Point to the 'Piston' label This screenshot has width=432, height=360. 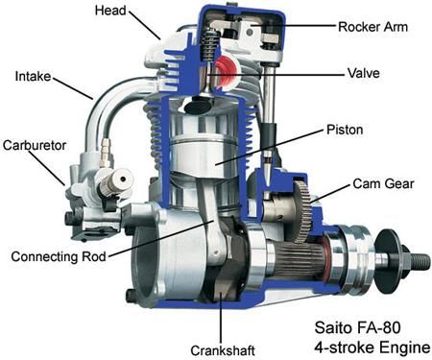pos(346,128)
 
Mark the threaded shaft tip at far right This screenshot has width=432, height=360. pos(415,259)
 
